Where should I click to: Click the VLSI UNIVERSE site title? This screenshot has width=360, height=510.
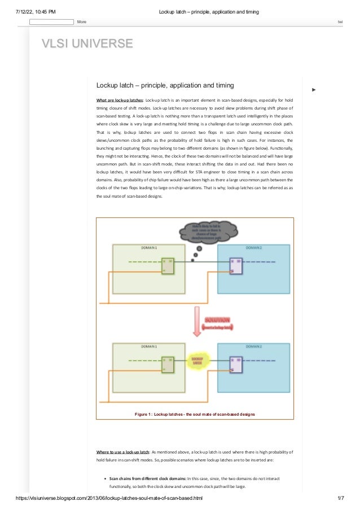click(87, 43)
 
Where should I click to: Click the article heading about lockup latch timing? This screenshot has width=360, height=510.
click(165, 85)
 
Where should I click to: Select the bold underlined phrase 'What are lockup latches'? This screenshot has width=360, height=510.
click(120, 100)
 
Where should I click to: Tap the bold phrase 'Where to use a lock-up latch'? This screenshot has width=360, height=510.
click(123, 452)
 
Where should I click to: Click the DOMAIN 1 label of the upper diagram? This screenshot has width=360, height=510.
click(149, 248)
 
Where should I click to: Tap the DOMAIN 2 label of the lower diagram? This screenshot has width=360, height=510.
click(254, 345)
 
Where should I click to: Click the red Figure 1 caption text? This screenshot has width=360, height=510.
click(195, 414)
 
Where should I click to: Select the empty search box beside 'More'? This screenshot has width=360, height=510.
click(51, 22)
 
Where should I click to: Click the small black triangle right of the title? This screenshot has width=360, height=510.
click(314, 89)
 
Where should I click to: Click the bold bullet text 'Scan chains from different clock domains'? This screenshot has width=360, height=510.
click(143, 478)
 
